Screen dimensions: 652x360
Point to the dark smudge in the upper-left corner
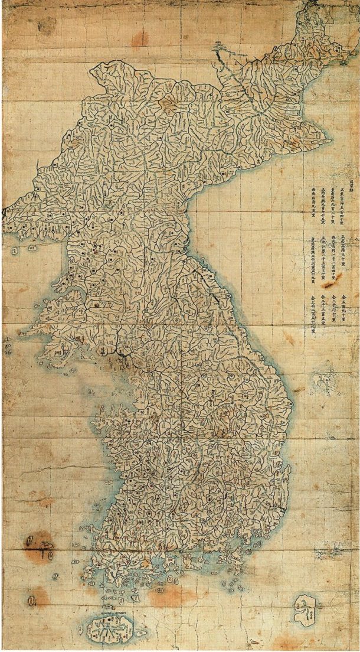[45, 24]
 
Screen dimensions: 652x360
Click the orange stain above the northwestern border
[140, 38]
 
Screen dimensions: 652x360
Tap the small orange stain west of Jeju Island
[39, 596]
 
